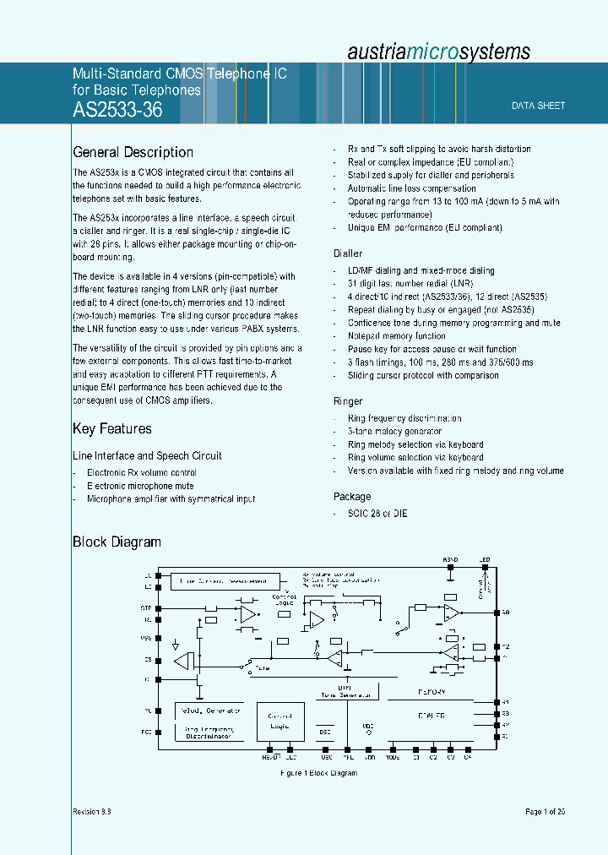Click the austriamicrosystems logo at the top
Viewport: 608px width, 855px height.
pyautogui.click(x=439, y=52)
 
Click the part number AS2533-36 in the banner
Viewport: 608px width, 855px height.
pyautogui.click(x=118, y=109)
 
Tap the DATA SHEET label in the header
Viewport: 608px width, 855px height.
pyautogui.click(x=539, y=106)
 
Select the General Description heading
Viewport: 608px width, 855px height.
pyautogui.click(x=133, y=152)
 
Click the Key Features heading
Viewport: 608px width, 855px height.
pyautogui.click(x=112, y=428)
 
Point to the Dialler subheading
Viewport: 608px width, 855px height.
pyautogui.click(x=348, y=253)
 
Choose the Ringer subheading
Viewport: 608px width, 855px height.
pyautogui.click(x=348, y=401)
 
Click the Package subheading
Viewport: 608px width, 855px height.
pyautogui.click(x=352, y=497)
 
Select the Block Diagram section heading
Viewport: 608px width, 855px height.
pyautogui.click(x=117, y=542)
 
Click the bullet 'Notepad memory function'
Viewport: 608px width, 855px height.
pyautogui.click(x=396, y=336)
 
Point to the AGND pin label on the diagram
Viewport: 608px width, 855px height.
pyautogui.click(x=451, y=559)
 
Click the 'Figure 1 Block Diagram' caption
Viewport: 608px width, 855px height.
pyautogui.click(x=318, y=773)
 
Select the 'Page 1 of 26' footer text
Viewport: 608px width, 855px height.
pyautogui.click(x=545, y=812)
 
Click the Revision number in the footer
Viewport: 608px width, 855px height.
pyautogui.click(x=92, y=812)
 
